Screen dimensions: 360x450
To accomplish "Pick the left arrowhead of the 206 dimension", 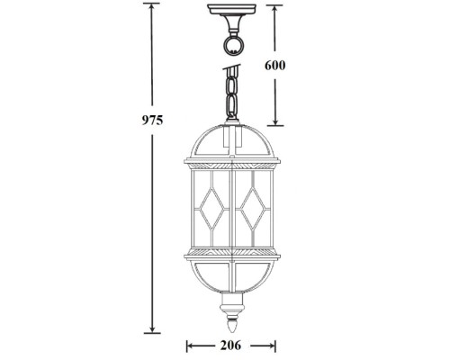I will pos(189,345).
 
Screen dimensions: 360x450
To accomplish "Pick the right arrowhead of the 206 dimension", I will pos(272,345).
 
